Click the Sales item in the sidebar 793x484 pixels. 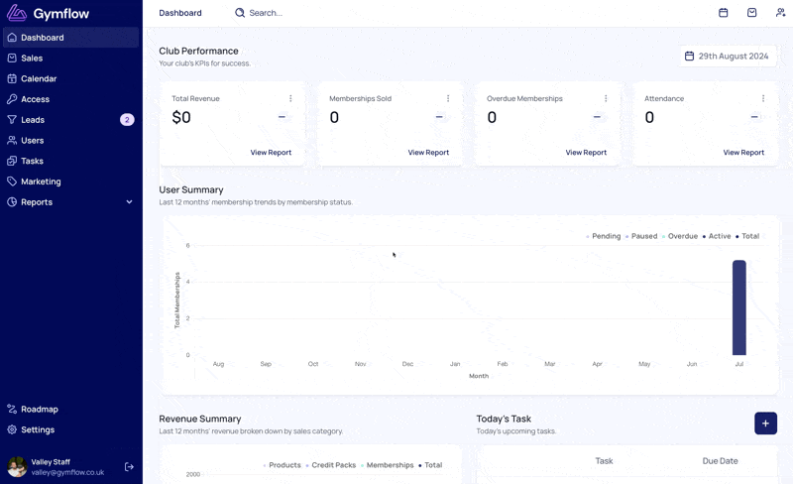(x=32, y=59)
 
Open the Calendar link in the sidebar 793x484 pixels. (x=39, y=79)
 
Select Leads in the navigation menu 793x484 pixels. (x=33, y=120)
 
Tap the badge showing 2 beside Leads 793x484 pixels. (x=127, y=120)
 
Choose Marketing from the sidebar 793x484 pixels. (x=41, y=181)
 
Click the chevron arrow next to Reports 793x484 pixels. (x=130, y=202)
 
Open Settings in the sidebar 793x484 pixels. (x=38, y=429)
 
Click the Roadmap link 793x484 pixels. (x=40, y=409)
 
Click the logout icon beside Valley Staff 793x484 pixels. (x=129, y=467)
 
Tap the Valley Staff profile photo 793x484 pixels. (x=17, y=467)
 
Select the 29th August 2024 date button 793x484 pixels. (x=728, y=57)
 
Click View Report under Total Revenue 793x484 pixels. (x=271, y=153)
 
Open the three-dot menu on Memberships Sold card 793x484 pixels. (x=448, y=98)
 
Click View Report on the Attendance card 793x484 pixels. (x=743, y=153)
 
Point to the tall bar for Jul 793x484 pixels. (x=739, y=307)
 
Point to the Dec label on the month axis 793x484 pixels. (x=407, y=364)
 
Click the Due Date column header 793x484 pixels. (x=720, y=461)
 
